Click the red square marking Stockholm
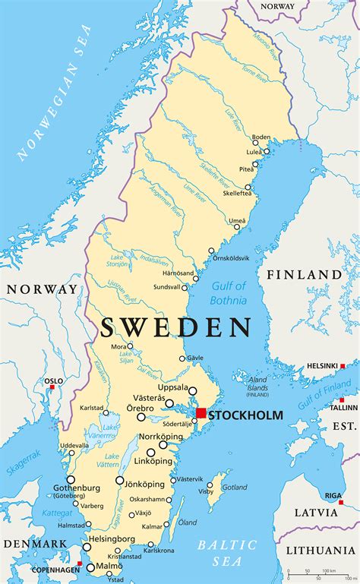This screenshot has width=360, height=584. tap(201, 413)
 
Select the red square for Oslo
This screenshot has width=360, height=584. tap(52, 387)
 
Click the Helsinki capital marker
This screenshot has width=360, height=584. tap(342, 366)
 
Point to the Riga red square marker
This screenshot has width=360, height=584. tap(341, 502)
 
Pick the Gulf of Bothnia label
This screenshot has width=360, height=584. tap(229, 292)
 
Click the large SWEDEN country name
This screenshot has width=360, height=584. tap(175, 327)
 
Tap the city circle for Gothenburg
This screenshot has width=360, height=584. tap(71, 479)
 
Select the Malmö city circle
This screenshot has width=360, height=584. tap(91, 567)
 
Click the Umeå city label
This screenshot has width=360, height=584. tap(238, 221)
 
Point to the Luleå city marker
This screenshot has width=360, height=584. tap(266, 151)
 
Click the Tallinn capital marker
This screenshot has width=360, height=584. tap(341, 397)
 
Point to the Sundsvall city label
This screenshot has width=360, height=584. tap(166, 288)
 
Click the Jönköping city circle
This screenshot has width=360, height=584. tap(120, 480)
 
